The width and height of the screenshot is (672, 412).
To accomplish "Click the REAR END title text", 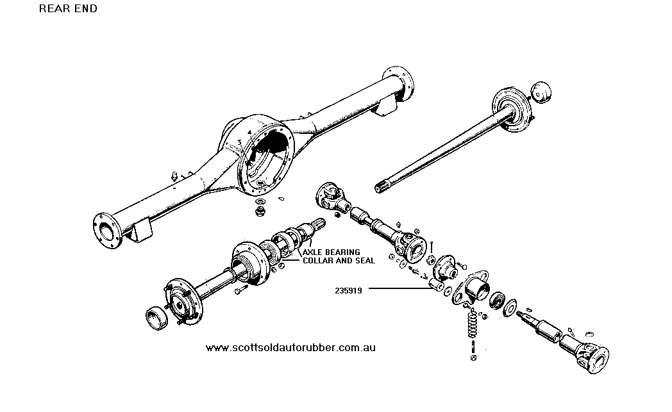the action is pos(68,8).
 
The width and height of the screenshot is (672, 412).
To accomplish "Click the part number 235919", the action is pos(348,291).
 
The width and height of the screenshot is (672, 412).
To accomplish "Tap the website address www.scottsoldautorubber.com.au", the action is pos(290,347).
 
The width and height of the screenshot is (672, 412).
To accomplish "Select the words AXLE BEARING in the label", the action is pos(332,252).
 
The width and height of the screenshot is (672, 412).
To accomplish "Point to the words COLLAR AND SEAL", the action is pos(339,260).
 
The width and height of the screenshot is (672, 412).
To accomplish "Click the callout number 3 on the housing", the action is pos(240,142).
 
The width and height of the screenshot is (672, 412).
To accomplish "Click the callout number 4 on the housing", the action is pos(249,133).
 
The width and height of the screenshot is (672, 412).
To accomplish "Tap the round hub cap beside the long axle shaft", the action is pos(541,92).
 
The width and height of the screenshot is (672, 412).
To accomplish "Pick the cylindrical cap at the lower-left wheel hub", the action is pos(157,318).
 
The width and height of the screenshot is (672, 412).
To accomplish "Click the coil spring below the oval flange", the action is pos(473,324).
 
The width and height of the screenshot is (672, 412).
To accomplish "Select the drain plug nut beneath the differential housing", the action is pos(259,211).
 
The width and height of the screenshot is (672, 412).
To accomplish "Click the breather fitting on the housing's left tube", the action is pos(174,176).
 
